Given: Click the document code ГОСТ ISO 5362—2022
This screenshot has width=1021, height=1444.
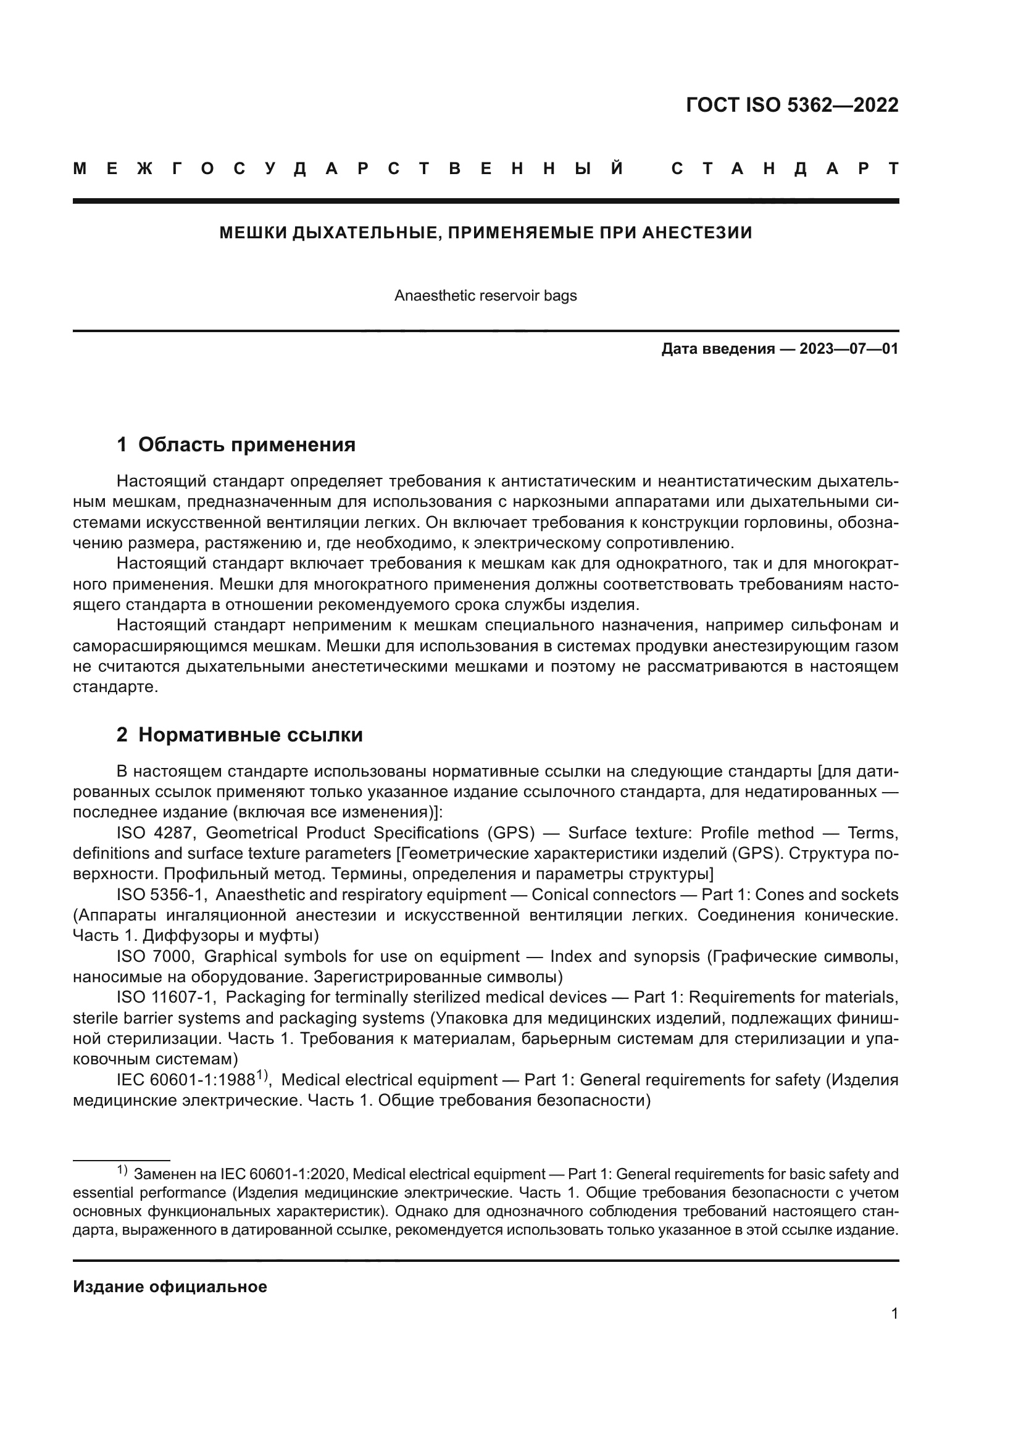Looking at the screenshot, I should coord(792,105).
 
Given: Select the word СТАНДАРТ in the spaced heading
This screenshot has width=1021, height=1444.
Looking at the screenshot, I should coord(785,169).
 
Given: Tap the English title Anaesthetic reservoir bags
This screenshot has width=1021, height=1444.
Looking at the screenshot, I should coord(485,296).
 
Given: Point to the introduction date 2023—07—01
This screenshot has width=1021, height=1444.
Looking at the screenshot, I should coord(849,349).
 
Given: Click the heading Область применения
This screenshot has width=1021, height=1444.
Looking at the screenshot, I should coord(246,444).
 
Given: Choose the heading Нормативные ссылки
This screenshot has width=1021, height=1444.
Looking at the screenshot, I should coord(250,735).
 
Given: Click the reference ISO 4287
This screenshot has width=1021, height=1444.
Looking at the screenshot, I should coord(157,833).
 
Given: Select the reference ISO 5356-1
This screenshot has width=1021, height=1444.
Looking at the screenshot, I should coord(162,895).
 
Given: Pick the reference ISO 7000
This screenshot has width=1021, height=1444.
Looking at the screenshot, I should coord(157,956).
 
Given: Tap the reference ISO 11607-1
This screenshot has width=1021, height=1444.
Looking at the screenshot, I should coord(167,998).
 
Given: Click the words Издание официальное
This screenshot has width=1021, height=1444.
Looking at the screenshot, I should coord(170,1287).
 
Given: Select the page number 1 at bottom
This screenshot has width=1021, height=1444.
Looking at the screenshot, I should coord(894,1313).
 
